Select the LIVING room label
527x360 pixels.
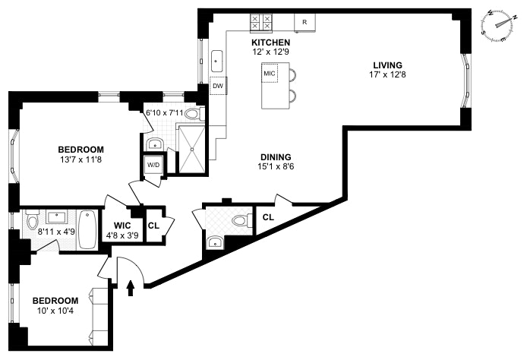(x=387, y=65)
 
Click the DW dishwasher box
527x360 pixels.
(x=218, y=86)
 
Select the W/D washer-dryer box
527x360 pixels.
(x=152, y=165)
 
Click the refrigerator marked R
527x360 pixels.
(x=305, y=22)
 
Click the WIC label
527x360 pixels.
(x=123, y=226)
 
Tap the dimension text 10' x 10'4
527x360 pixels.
(x=55, y=310)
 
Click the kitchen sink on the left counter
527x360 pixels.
(x=217, y=58)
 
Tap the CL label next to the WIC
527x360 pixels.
(x=153, y=226)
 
